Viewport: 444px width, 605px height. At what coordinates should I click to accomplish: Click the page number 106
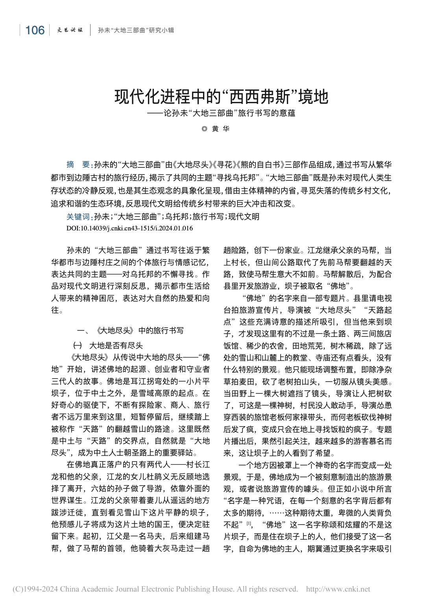tap(35, 30)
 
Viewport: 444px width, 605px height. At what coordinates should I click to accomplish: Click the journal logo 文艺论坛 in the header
tap(70, 30)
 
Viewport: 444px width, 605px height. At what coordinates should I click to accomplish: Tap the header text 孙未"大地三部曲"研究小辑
tap(136, 30)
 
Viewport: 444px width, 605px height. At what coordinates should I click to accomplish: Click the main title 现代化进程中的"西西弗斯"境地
tap(221, 97)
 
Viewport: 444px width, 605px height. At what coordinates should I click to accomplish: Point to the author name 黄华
tap(220, 129)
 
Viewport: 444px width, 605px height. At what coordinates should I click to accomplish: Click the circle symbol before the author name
tap(204, 129)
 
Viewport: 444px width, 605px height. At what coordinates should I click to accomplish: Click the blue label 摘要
tap(79, 165)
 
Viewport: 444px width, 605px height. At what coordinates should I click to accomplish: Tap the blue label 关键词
tap(79, 217)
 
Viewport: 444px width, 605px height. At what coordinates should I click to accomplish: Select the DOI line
tap(129, 228)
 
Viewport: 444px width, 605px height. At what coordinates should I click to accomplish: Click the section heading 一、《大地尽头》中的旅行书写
tap(130, 330)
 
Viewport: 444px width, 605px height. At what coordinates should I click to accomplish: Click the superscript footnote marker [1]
tap(249, 523)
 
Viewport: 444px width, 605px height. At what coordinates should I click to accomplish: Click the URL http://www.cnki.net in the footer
tap(338, 589)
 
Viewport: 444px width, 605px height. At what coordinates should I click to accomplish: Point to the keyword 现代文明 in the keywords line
tap(244, 217)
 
